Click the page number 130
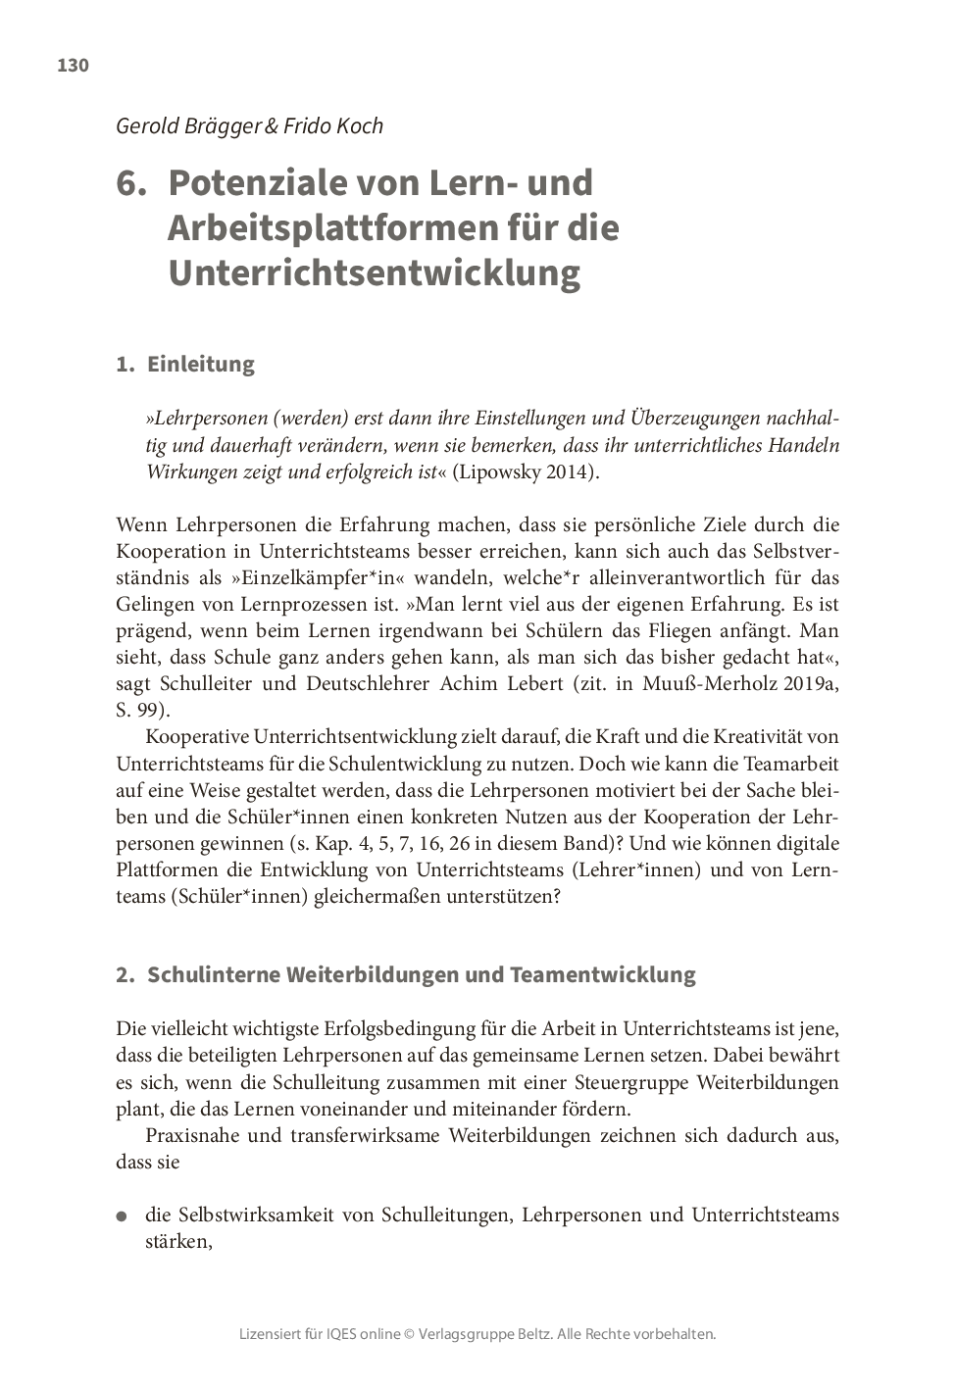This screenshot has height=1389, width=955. tap(73, 66)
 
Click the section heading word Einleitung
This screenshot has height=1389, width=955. tap(200, 364)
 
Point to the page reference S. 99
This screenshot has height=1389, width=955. tap(141, 710)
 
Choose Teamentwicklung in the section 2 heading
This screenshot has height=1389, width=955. tap(602, 975)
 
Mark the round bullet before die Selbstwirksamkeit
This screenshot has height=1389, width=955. tap(122, 1216)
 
